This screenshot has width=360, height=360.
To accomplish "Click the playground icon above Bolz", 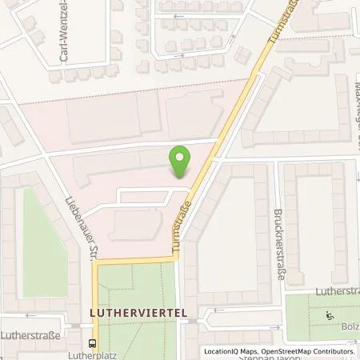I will click(x=330, y=315).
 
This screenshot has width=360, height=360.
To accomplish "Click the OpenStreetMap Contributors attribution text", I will click(x=307, y=351).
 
